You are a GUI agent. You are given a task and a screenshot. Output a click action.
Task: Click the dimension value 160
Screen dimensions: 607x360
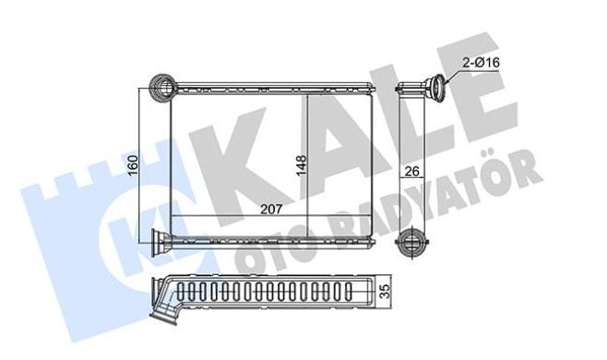click(133, 164)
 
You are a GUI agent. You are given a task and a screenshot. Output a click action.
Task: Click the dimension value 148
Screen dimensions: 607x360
click(301, 165)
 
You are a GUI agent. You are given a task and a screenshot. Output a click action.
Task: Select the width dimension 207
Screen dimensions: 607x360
click(271, 210)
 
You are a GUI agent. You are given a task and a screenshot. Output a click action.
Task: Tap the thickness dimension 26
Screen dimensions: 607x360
click(411, 171)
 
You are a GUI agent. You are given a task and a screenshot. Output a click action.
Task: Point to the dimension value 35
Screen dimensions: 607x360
click(385, 292)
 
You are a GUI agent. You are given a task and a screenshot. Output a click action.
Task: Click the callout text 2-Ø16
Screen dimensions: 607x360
click(482, 62)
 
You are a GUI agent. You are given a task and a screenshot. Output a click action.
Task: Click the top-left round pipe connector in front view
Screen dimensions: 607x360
click(163, 88)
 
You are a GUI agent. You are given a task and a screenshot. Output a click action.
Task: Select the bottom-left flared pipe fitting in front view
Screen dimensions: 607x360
click(161, 242)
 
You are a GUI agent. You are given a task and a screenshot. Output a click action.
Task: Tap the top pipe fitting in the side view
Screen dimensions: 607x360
click(435, 89)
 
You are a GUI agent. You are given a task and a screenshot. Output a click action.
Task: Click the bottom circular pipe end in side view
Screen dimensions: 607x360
click(411, 243)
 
